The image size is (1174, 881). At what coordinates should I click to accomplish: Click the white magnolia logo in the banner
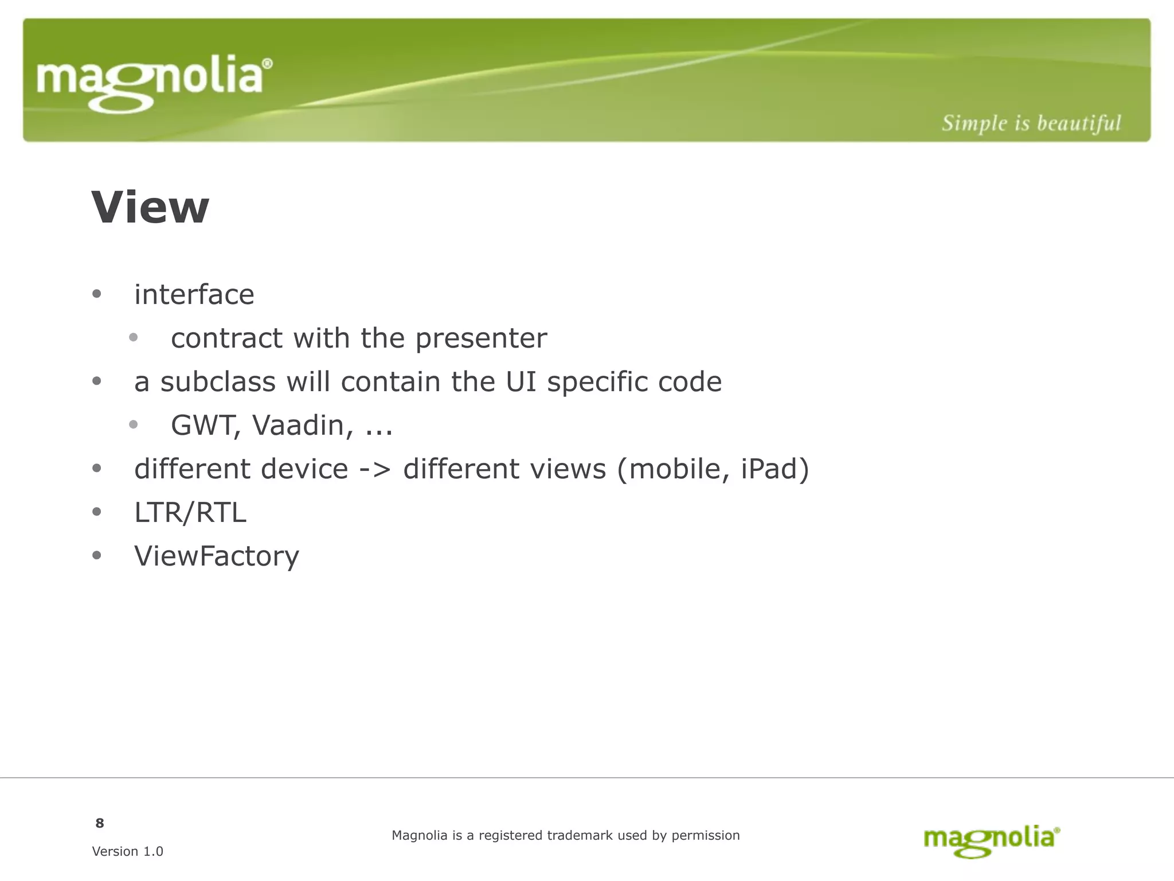(154, 83)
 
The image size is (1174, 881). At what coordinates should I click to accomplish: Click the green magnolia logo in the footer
(991, 840)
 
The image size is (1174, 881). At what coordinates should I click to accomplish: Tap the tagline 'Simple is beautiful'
(1031, 123)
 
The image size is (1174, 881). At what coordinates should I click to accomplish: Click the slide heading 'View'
(150, 208)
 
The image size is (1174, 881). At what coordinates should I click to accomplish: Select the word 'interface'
(194, 295)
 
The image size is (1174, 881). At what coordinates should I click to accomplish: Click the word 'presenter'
(481, 338)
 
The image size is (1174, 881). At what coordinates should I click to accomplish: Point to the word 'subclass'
(218, 382)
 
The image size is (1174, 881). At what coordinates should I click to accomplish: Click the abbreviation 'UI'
(521, 382)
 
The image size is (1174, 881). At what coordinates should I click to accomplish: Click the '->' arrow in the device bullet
(375, 469)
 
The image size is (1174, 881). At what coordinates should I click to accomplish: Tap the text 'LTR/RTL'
(190, 513)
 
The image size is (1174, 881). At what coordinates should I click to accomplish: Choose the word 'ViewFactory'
(216, 556)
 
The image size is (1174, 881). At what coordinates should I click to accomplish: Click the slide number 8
(100, 824)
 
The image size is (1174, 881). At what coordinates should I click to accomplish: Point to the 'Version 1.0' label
(127, 852)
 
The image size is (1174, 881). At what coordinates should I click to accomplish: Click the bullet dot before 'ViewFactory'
(96, 555)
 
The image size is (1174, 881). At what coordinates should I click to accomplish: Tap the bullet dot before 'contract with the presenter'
(133, 337)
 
